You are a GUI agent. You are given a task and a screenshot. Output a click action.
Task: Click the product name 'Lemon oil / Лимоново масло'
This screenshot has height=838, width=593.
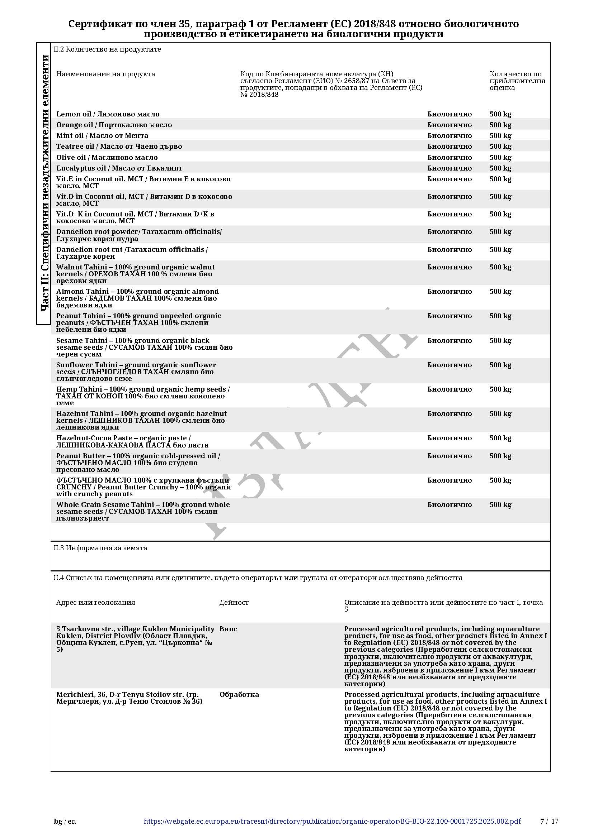tap(108, 114)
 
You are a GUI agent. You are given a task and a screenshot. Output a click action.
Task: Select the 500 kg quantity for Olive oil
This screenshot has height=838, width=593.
tap(500, 158)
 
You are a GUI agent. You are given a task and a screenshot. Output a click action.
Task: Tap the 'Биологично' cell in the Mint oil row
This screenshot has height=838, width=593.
tap(450, 136)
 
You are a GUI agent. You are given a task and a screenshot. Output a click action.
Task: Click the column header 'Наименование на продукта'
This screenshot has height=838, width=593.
tap(105, 74)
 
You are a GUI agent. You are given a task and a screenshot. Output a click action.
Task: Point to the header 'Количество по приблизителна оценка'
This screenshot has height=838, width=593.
tap(517, 81)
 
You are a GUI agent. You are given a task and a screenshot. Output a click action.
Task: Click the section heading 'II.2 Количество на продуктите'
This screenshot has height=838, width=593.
tap(107, 49)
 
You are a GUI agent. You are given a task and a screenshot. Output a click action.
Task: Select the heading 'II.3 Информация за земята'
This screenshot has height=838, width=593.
tap(100, 548)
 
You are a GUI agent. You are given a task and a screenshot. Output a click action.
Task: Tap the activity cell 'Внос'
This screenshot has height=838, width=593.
tap(228, 629)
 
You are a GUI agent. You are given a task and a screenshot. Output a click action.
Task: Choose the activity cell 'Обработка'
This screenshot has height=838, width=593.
tap(239, 694)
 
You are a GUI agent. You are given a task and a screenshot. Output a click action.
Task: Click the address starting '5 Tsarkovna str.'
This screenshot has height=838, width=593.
tap(135, 639)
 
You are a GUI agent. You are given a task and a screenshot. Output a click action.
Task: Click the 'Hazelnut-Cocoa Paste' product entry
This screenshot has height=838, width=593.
tap(132, 441)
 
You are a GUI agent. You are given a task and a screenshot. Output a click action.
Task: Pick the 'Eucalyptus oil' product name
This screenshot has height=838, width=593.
tap(119, 168)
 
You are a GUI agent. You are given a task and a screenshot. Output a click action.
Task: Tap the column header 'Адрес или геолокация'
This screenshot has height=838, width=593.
tap(96, 602)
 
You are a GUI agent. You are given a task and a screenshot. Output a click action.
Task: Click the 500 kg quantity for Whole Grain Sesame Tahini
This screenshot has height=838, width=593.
tap(500, 505)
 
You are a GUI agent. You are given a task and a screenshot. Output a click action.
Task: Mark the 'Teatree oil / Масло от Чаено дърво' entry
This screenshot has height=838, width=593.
tap(119, 147)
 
